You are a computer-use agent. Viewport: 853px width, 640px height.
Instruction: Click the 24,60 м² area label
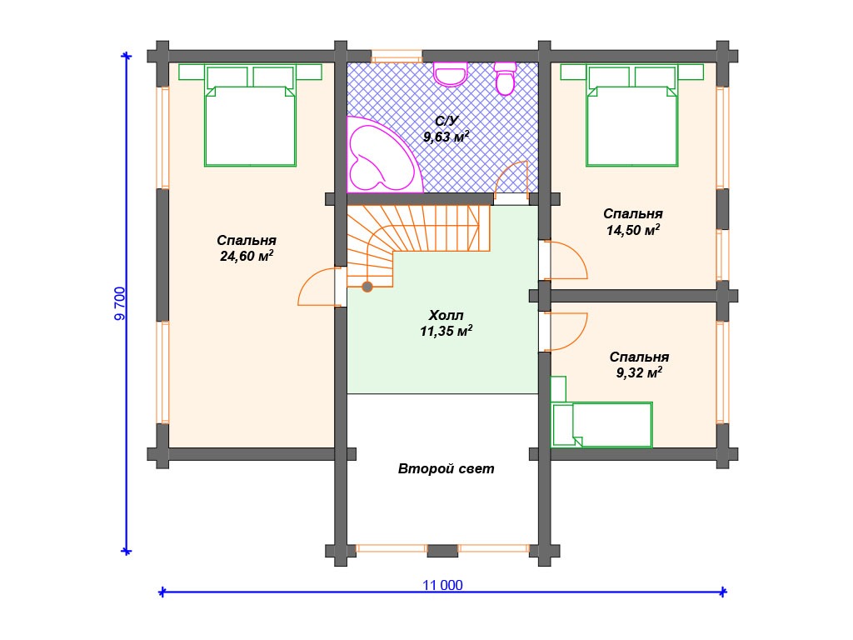[x=247, y=256]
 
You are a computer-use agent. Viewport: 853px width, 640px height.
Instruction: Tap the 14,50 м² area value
[x=633, y=230]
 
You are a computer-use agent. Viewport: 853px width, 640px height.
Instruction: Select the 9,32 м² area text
[x=639, y=372]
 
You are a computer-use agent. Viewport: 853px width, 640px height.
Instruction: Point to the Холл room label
[x=446, y=315]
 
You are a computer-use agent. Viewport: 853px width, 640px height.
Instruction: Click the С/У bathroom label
[x=446, y=121]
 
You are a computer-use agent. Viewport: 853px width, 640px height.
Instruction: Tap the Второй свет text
[x=446, y=468]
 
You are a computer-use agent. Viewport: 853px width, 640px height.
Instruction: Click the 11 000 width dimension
[x=443, y=585]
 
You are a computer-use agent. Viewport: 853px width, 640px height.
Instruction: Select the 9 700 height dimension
[x=120, y=303]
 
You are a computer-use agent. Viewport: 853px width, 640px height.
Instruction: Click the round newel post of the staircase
[x=367, y=287]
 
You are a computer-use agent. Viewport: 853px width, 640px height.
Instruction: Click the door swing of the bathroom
[x=512, y=177]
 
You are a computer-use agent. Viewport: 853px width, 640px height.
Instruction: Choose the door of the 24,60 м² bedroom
[x=317, y=287]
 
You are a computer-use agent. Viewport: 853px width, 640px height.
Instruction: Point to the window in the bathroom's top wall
[x=397, y=57]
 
